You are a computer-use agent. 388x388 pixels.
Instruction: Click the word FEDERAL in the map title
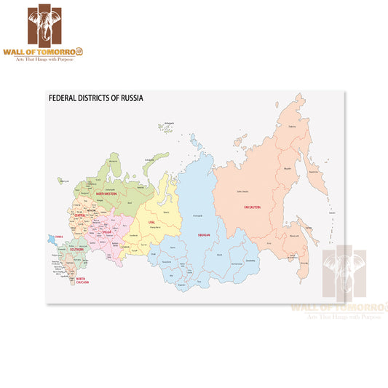pos(62,97)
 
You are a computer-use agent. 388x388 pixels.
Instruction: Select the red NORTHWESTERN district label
pos(107,194)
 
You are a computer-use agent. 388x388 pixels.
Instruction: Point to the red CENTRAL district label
pos(82,216)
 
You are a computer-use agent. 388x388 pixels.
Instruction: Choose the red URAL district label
pos(151,221)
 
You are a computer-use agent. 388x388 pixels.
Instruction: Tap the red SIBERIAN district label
pos(204,235)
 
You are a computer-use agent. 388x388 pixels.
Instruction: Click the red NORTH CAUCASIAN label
pos(82,280)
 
